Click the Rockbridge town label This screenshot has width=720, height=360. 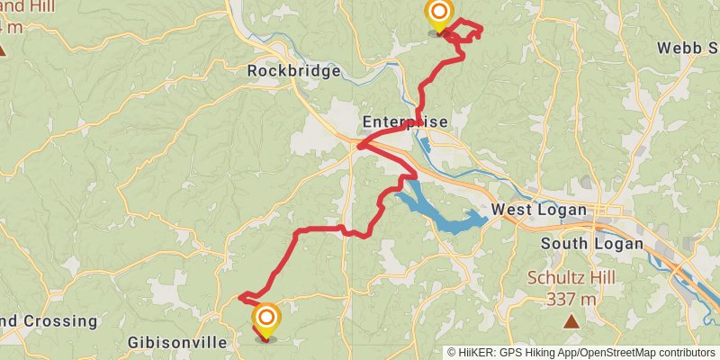click(x=294, y=71)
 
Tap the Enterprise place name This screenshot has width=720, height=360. click(x=404, y=121)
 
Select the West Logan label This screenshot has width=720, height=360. click(x=539, y=211)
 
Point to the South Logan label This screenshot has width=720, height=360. click(x=591, y=243)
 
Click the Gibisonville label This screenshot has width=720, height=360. click(x=177, y=343)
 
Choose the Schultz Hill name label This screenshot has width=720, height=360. click(x=571, y=277)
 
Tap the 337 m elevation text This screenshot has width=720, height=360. click(x=571, y=299)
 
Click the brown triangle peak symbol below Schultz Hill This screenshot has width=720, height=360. click(x=571, y=321)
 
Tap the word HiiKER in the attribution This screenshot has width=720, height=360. click(x=477, y=353)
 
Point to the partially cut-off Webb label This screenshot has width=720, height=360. click(x=688, y=47)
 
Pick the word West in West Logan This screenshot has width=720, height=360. click(x=513, y=211)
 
